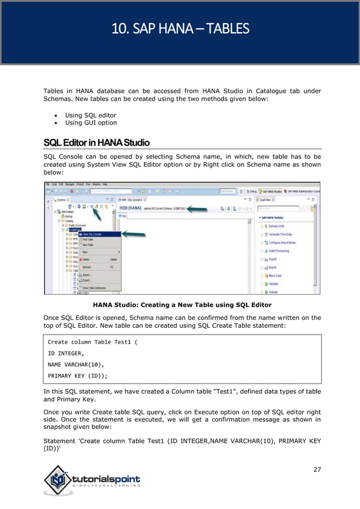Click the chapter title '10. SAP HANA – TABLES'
pyautogui.click(x=180, y=28)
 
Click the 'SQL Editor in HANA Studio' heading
pyautogui.click(x=96, y=142)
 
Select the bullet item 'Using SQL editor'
pyautogui.click(x=91, y=115)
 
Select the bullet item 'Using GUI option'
pyautogui.click(x=91, y=122)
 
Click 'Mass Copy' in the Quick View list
pyautogui.click(x=277, y=275)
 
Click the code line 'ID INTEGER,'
pyautogui.click(x=66, y=353)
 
